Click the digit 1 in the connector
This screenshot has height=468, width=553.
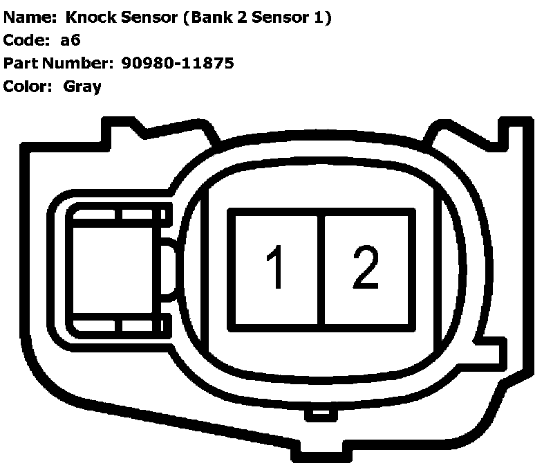click(x=276, y=268)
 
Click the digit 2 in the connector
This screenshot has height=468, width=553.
click(x=365, y=268)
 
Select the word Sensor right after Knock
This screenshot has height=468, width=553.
click(x=151, y=17)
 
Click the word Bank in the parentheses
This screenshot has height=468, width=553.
click(x=210, y=17)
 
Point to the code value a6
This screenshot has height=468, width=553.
click(x=71, y=40)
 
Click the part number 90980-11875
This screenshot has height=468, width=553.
click(x=178, y=63)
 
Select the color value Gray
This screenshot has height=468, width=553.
click(x=82, y=87)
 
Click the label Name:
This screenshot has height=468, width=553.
click(x=28, y=17)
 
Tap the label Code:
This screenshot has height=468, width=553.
click(x=26, y=40)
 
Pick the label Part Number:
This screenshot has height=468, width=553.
click(x=58, y=63)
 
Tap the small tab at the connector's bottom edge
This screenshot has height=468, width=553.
click(x=319, y=413)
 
